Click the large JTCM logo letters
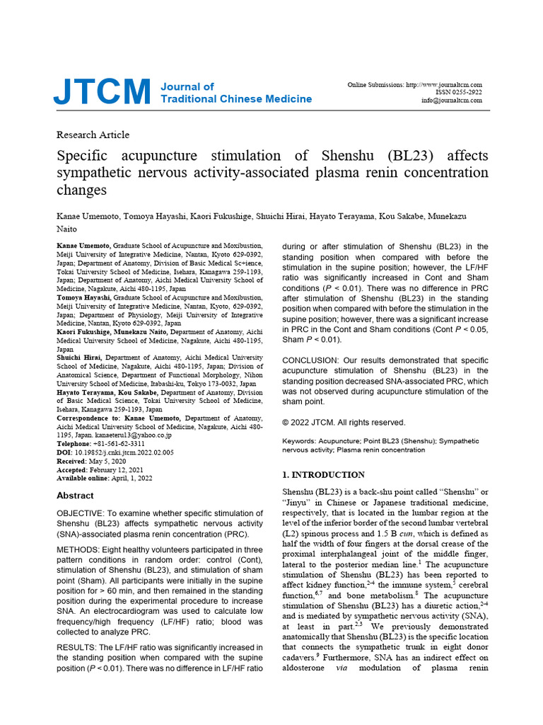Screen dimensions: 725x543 click(103, 92)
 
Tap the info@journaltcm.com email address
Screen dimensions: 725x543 click(452, 101)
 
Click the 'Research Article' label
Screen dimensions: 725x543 click(93, 135)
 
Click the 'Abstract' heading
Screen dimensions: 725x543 click(75, 496)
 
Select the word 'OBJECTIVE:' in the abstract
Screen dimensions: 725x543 click(81, 513)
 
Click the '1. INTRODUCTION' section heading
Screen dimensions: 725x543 click(324, 474)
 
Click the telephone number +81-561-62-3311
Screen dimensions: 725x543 click(120, 444)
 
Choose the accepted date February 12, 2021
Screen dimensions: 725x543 click(125, 469)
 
